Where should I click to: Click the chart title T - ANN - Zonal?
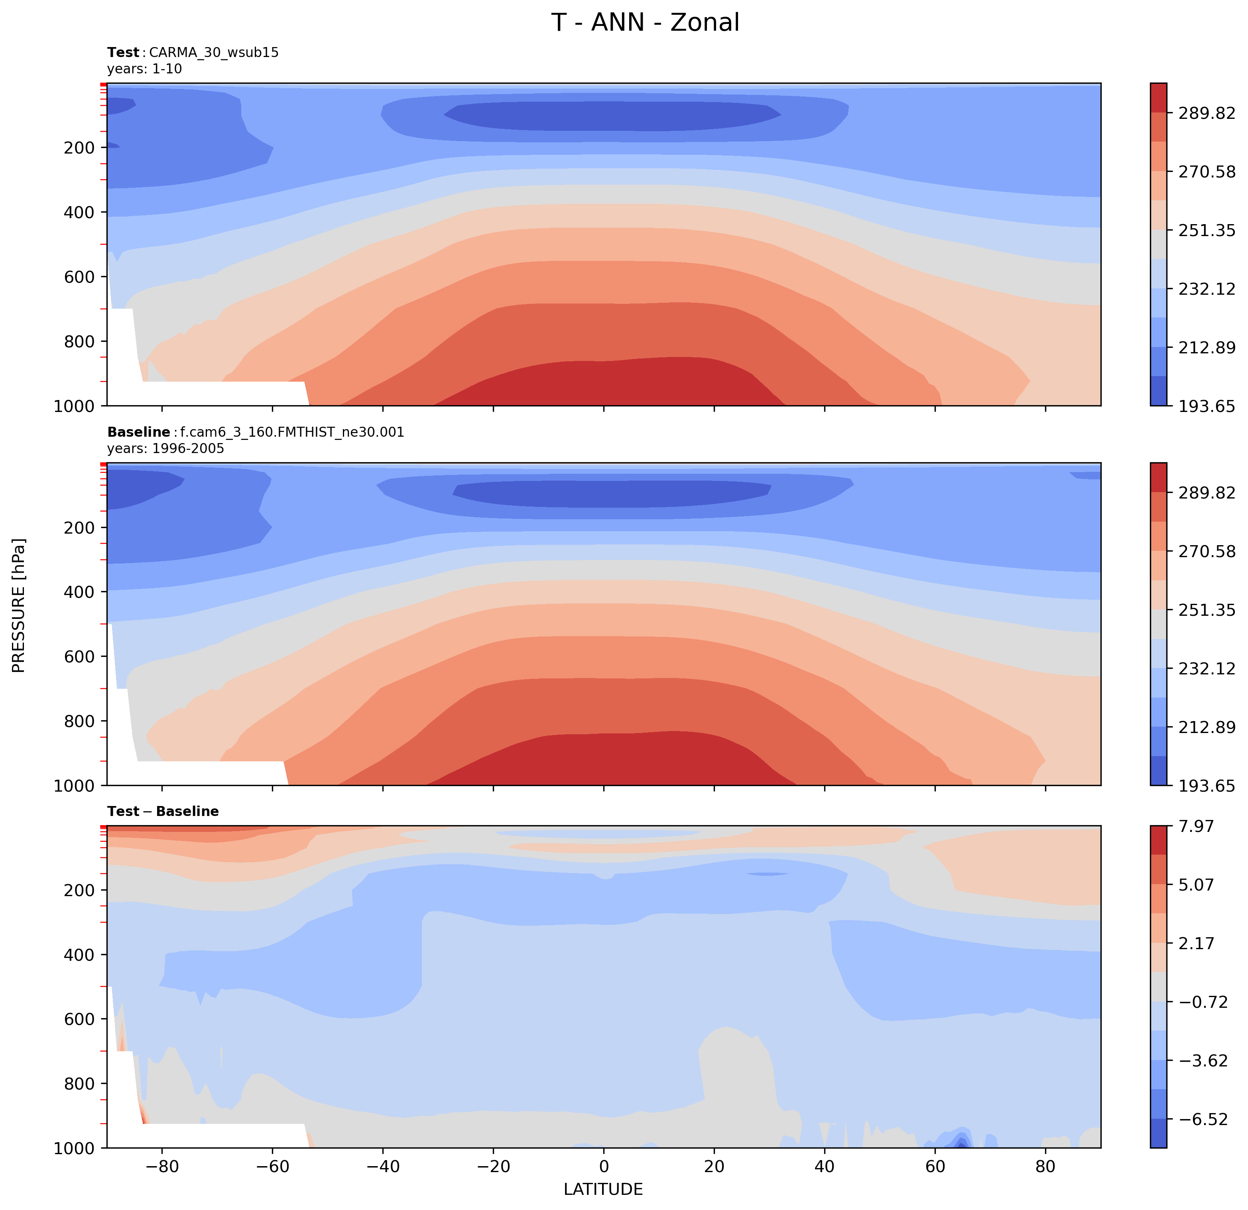point(645,23)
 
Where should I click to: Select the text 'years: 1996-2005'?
point(165,449)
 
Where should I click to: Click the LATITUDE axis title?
point(603,1190)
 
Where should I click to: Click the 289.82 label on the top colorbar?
point(1207,113)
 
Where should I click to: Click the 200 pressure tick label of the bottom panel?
point(80,890)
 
